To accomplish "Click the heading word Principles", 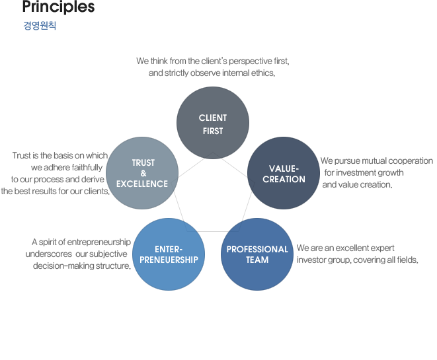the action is (x=59, y=7).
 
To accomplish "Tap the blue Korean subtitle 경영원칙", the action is (x=40, y=26).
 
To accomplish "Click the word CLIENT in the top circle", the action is (x=213, y=118).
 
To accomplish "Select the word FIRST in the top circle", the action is (x=213, y=131).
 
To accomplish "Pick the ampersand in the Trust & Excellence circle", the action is (x=143, y=173).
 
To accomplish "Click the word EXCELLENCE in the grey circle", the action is (x=142, y=184).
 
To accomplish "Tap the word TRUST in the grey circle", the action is (x=143, y=162).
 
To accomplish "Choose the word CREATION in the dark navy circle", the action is (x=284, y=179).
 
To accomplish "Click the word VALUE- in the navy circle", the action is (x=284, y=168).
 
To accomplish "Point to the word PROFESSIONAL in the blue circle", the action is (x=257, y=249).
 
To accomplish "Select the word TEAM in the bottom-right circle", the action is (x=257, y=260).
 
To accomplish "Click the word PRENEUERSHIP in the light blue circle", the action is (x=169, y=260).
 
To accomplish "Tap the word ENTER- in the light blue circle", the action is (x=169, y=249).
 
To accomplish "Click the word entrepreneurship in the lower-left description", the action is (x=99, y=242).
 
